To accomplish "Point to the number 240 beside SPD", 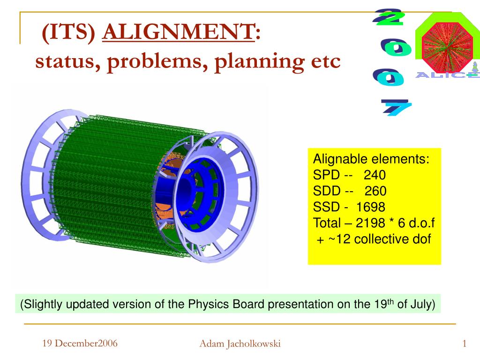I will point(375,175).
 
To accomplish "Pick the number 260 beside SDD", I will point(375,191).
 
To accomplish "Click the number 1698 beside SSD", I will point(370,207).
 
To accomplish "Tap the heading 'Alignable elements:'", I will point(371,159).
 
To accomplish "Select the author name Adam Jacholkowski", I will point(240,344).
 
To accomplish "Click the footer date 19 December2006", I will point(80,344).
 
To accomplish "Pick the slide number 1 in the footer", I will point(464,344).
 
